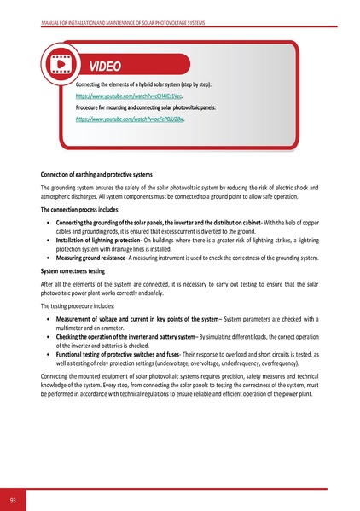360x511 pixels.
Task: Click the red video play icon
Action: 61,65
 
